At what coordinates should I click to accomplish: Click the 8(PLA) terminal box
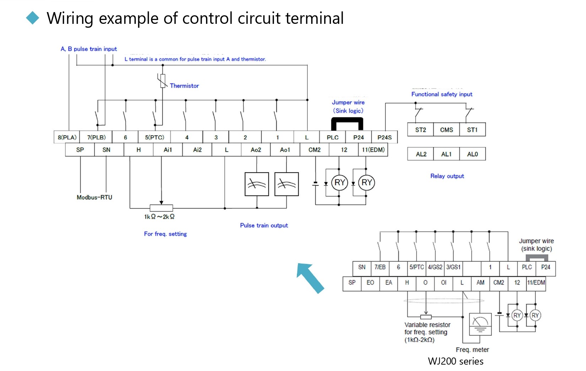67,137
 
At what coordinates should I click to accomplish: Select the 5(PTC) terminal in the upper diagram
154,137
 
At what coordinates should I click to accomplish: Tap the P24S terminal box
384,137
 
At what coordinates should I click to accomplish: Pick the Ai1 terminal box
168,150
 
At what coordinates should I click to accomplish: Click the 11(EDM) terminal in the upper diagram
373,150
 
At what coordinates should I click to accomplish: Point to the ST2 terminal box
420,130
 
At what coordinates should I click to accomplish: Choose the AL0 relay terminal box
472,154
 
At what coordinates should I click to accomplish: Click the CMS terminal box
446,130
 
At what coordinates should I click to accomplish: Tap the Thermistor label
184,86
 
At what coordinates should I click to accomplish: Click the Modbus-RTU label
94,197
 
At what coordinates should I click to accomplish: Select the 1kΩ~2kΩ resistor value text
159,217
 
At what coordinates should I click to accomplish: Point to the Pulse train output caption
264,226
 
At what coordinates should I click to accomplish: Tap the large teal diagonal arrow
310,278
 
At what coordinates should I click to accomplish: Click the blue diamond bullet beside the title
33,18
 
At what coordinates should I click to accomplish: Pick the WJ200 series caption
456,361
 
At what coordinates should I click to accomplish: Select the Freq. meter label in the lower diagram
472,350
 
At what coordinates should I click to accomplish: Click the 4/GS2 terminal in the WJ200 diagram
435,267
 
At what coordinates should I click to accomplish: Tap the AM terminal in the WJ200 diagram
480,282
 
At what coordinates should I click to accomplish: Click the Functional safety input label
442,94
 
